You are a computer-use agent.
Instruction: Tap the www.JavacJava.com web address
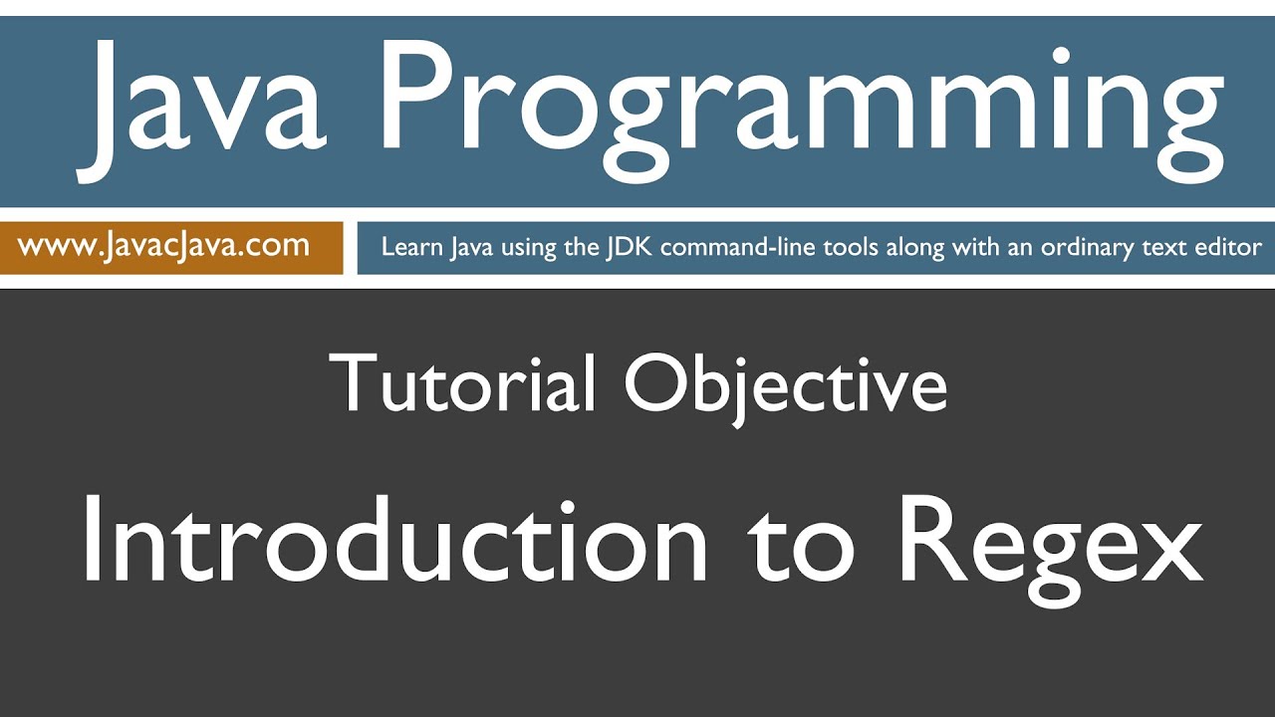[164, 246]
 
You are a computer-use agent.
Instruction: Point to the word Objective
[785, 384]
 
